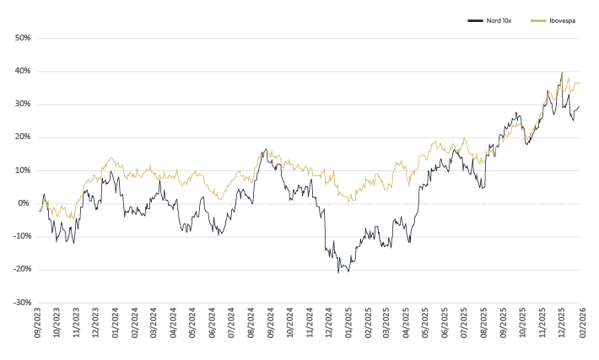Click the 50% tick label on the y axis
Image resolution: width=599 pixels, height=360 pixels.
pos(22,38)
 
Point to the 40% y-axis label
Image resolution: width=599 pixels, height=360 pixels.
pos(22,71)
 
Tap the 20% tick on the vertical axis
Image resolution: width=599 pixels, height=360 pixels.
pos(22,137)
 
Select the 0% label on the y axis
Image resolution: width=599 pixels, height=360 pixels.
pos(24,203)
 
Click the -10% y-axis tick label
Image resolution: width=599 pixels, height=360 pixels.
pos(21,236)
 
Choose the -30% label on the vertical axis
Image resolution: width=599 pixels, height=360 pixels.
pos(21,302)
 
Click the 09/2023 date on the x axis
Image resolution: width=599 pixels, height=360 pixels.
pos(38,325)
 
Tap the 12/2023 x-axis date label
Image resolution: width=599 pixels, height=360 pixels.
pos(95,325)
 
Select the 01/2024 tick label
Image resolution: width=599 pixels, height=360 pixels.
pos(116,325)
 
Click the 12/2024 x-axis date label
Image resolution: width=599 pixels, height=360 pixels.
pos(329,325)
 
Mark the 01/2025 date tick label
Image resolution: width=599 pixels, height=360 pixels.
pos(348,325)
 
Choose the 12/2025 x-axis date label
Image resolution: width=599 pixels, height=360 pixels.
pos(562,325)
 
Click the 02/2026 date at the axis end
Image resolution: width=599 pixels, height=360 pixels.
pos(581,325)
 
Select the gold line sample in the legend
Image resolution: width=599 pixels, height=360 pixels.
pos(540,19)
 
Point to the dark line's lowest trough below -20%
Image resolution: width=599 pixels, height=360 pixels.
pos(338,273)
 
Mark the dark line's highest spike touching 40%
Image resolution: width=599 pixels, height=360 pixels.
pos(562,73)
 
